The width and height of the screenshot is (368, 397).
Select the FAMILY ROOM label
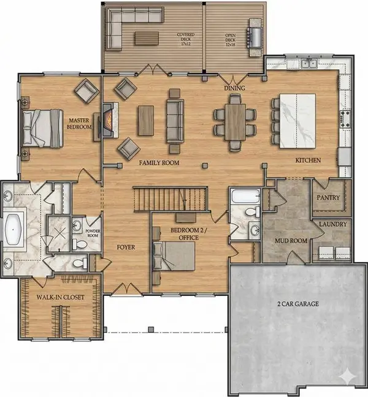pyautogui.click(x=158, y=163)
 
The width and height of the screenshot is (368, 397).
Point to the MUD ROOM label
pyautogui.click(x=291, y=241)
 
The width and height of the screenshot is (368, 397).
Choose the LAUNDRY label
pyautogui.click(x=332, y=224)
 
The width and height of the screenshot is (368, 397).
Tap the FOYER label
pyautogui.click(x=125, y=247)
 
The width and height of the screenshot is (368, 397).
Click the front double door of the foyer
pyautogui.click(x=125, y=287)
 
